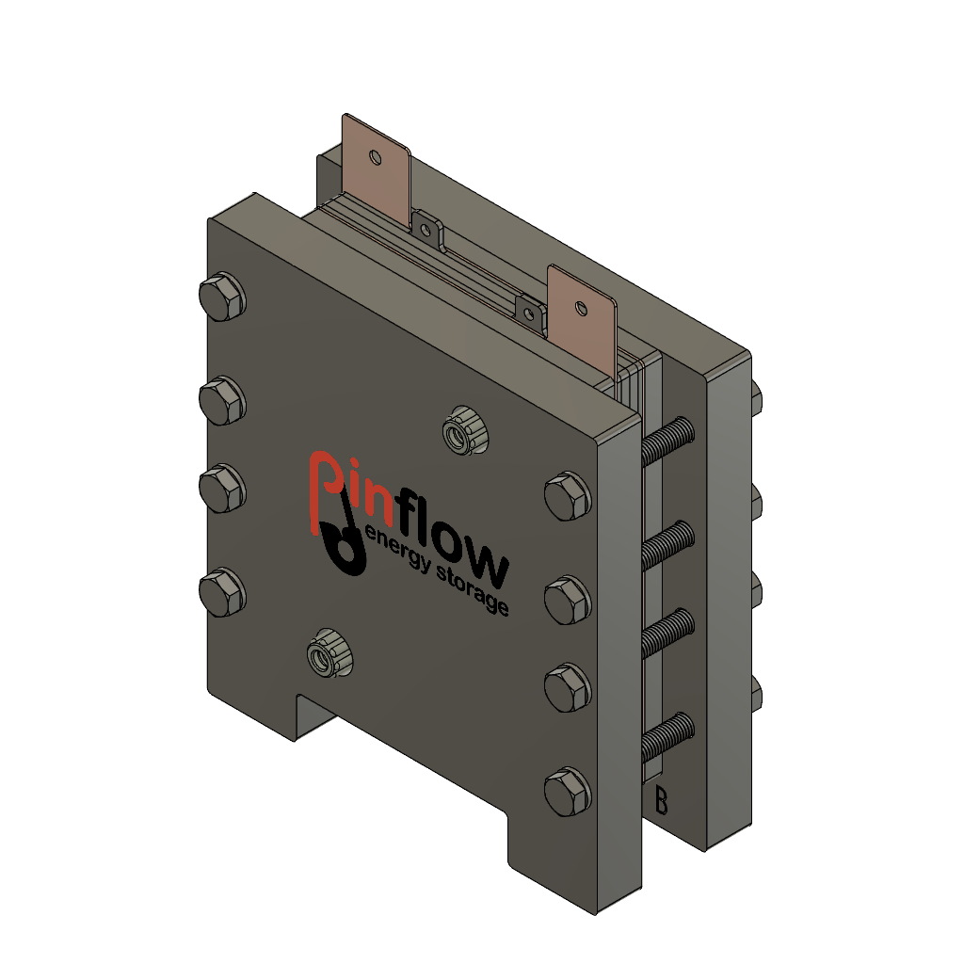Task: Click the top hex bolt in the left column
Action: click(222, 297)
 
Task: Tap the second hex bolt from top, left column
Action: click(222, 400)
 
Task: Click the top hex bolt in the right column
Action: click(568, 496)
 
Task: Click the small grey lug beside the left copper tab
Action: click(427, 230)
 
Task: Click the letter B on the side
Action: click(661, 801)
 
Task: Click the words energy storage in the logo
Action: click(438, 574)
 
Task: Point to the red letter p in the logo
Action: click(325, 485)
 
